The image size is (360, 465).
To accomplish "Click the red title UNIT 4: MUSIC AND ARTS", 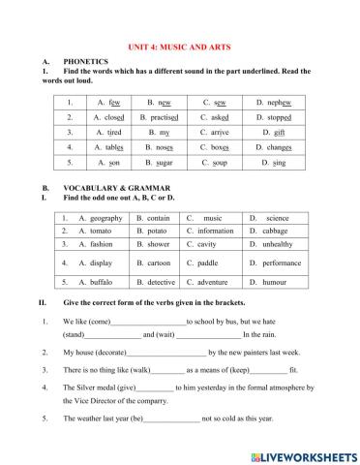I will coord(179,45).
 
